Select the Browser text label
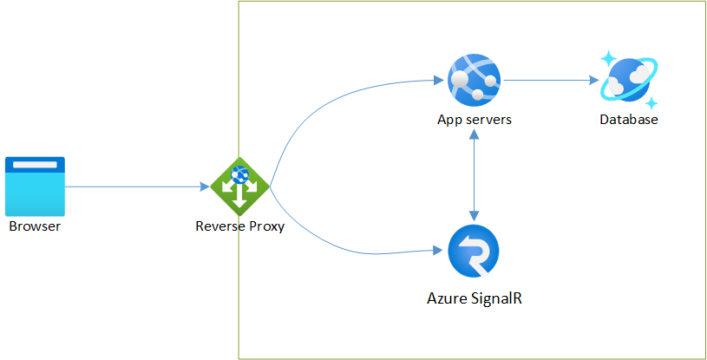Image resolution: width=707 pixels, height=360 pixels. coord(36,227)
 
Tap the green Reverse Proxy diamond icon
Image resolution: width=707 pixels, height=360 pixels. coord(240,186)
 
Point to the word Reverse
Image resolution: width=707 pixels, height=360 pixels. coord(220,227)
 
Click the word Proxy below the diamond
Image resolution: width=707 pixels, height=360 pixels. coord(266,227)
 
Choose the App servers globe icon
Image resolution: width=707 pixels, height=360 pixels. coord(474,80)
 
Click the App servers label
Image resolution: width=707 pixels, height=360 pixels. coord(474,120)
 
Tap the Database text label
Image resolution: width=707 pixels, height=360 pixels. coord(629,120)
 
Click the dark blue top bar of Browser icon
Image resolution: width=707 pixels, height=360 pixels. coord(36,162)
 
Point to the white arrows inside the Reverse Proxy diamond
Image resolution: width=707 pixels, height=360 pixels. coord(240,191)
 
